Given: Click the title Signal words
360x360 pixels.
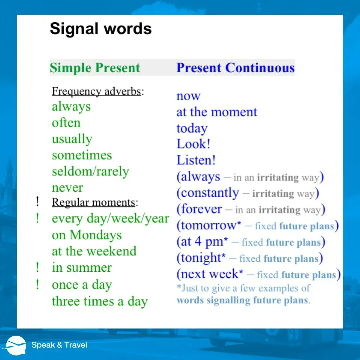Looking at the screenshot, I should pos(101,29).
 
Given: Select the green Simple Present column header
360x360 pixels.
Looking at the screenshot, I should pos(95,68).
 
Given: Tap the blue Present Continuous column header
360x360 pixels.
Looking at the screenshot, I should pos(235,68).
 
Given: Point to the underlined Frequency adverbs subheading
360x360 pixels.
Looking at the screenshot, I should pos(97,91).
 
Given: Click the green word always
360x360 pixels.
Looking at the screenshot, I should pos(71,107).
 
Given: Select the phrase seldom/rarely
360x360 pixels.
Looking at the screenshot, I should pos(90,172).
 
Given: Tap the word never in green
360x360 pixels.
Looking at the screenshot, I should pos(67,188).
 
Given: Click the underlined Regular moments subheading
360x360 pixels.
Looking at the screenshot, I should pos(94,202).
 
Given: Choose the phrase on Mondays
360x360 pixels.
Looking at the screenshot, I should pos(87,235).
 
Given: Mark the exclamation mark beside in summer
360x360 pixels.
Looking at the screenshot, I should pos(38,267).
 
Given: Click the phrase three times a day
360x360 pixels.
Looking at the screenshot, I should pos(100,301).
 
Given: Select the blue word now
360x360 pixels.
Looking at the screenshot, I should pos(188,96).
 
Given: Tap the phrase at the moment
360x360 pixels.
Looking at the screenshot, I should pos(217,112).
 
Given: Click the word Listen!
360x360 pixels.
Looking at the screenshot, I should pos(196,160).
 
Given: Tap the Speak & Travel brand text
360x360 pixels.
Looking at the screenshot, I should pos(59,345).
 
